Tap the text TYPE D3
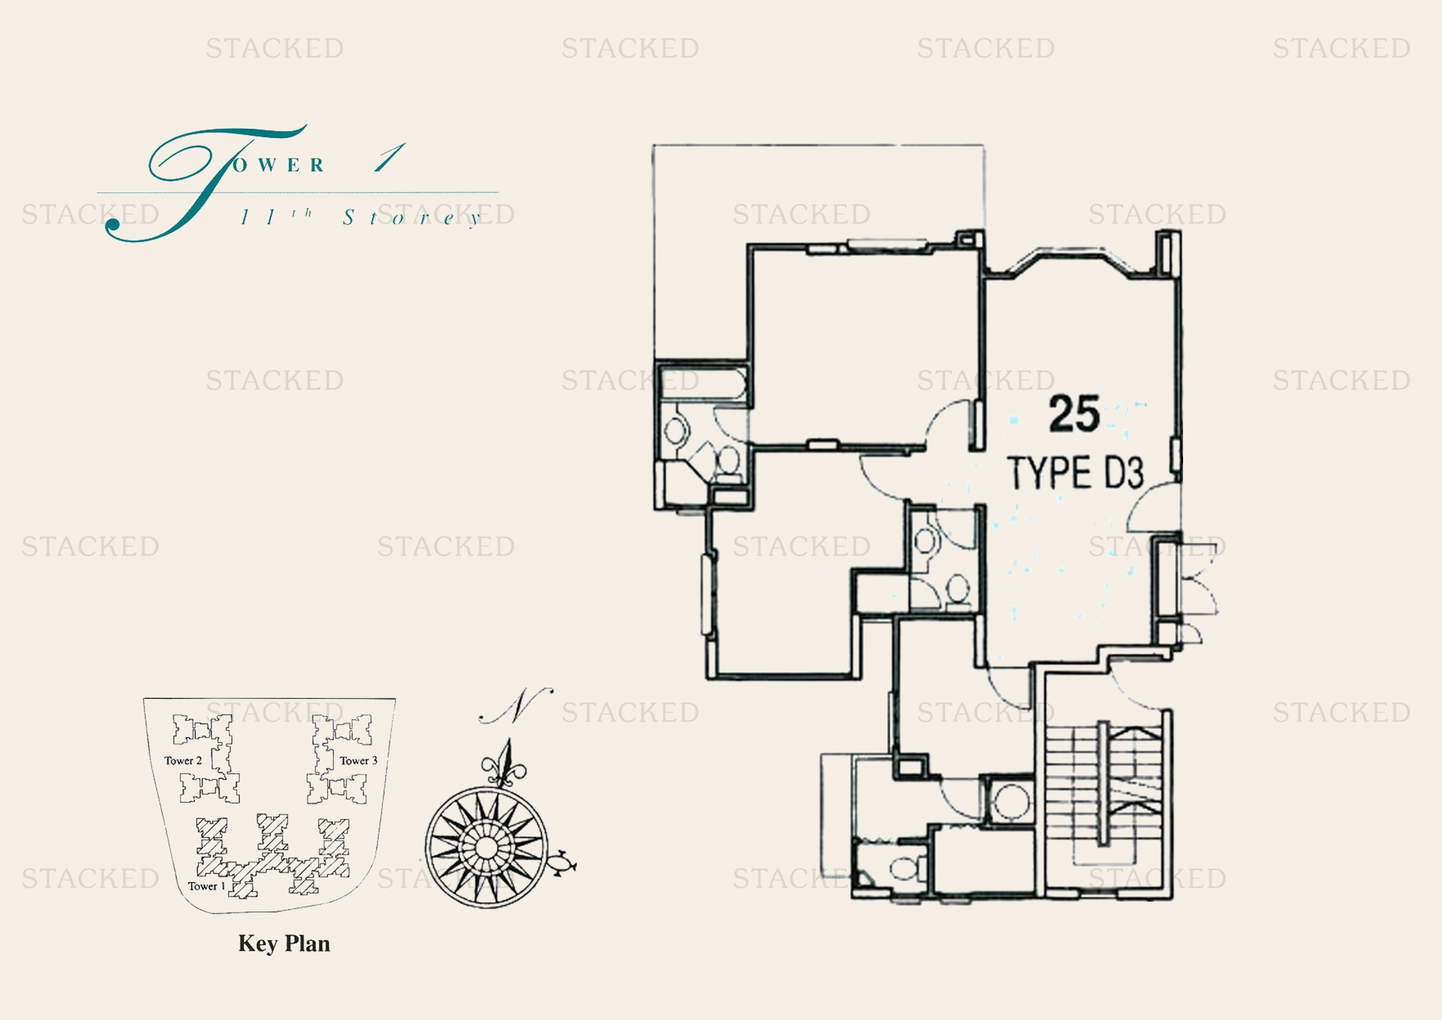point(1075,473)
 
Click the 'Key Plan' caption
point(284,944)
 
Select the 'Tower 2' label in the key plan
point(182,760)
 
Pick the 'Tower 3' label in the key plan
point(359,760)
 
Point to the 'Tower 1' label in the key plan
point(206,886)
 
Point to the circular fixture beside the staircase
point(1011,802)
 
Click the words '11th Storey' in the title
point(361,217)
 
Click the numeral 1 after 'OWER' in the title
point(390,157)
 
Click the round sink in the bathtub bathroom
point(676,431)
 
